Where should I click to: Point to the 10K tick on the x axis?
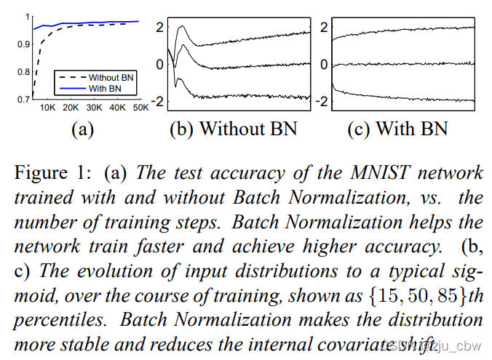coord(47,108)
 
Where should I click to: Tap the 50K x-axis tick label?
coord(139,108)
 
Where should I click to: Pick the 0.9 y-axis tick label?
coord(22,44)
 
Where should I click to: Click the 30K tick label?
coord(93,108)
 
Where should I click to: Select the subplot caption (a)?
coord(82,129)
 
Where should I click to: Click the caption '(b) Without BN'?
coord(233,129)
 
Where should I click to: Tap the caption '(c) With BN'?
coord(397,129)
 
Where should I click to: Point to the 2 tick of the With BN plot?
coord(323,27)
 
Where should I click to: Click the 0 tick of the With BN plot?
coord(323,64)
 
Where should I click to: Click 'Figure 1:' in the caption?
coord(49,172)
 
